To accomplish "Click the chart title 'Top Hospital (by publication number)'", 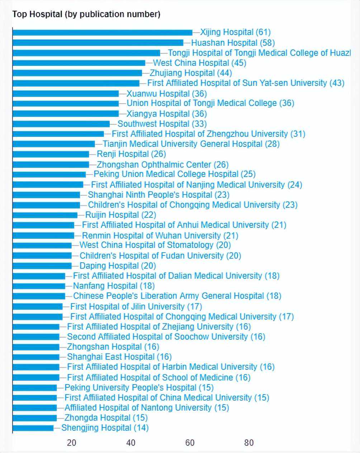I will pos(86,14).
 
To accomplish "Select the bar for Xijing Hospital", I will pos(102,33).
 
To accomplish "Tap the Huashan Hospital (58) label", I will pos(233,43).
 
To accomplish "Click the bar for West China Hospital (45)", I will pos(79,63).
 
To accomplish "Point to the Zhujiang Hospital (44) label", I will pos(191,73).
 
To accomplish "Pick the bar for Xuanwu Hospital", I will pos(66,94).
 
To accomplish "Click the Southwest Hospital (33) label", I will pos(162,124).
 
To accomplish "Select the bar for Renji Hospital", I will pos(51,154).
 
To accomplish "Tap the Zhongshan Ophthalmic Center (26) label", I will pos(162,165).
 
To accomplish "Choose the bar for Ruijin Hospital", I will pos(45,215).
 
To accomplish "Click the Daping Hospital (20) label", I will pos(118,266).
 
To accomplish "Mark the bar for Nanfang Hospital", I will pos(39,286).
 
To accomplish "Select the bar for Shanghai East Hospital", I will pos(36,357).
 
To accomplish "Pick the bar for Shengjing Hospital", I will pos(33,428).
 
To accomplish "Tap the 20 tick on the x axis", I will pos(72,443).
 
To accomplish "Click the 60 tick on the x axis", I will pos(190,443).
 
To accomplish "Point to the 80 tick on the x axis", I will pos(249,443).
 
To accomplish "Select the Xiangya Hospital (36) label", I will pos(167,114).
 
